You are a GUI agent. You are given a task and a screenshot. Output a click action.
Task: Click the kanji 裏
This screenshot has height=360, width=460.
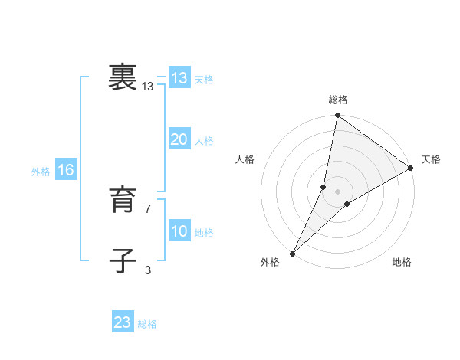coord(123,78)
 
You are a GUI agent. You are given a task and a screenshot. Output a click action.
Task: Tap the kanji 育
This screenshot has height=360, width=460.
coord(123,201)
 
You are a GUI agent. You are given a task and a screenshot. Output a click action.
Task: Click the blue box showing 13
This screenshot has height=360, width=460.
coord(179,78)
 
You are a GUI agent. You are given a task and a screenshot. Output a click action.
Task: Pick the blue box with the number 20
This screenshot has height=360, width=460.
coord(179,139)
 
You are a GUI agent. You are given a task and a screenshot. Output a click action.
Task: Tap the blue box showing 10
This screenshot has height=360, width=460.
coord(179,231)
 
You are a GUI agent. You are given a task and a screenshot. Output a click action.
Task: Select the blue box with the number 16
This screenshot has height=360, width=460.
coord(66,170)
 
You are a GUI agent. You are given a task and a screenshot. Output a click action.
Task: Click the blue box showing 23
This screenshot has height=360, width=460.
coord(123,322)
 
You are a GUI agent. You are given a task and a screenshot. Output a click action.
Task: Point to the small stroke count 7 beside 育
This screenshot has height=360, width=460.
coord(148,208)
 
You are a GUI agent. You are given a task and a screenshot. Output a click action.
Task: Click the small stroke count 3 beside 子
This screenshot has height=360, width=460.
coord(148,270)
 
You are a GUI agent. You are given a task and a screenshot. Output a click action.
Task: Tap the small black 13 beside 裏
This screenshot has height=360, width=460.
coord(148,87)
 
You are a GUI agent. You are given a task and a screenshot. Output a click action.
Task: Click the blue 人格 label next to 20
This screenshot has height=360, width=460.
coord(204,141)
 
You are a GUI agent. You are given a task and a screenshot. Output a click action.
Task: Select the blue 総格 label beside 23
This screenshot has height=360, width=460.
coord(147,324)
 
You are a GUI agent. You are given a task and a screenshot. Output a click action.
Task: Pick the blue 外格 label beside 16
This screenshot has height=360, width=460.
coord(41,172)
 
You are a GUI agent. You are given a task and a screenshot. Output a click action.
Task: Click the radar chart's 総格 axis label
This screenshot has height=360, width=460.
coord(338,100)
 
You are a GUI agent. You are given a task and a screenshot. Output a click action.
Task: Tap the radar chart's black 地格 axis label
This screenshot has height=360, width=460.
coord(402,262)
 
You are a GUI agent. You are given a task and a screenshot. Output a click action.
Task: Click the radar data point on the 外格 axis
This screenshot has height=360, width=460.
coord(293,253)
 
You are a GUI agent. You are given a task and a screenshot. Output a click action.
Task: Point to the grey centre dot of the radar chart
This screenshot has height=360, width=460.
coord(338,191)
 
